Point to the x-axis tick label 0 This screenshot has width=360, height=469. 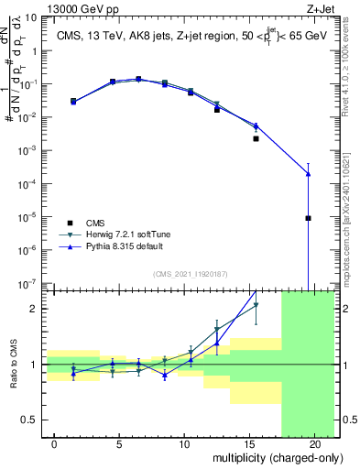55,444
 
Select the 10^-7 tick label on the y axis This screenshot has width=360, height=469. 28,284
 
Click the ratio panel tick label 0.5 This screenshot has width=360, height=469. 29,420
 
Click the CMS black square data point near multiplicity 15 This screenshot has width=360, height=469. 256,139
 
